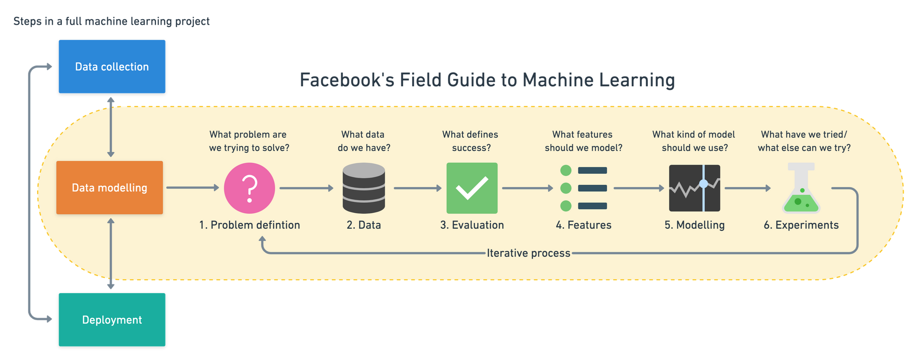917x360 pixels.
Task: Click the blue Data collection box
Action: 112,66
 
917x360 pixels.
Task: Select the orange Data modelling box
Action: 110,188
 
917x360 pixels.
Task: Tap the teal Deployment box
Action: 112,320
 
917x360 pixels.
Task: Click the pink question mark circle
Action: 249,188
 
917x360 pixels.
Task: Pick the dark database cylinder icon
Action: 364,188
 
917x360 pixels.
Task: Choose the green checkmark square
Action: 472,188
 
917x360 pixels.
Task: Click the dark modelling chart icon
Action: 694,188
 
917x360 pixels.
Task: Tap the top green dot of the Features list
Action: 566,171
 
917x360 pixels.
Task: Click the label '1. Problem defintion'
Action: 249,225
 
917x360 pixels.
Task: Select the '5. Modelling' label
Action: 694,225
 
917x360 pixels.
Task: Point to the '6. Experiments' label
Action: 801,225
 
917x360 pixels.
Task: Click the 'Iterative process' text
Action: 528,253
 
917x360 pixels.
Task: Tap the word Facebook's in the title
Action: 347,80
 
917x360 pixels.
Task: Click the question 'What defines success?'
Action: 471,141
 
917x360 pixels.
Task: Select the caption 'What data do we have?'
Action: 364,141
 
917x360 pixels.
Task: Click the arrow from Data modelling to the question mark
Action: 193,188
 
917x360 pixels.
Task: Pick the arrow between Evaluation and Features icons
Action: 527,188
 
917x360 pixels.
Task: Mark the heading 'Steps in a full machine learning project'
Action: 111,21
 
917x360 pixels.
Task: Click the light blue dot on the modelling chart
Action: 703,184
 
